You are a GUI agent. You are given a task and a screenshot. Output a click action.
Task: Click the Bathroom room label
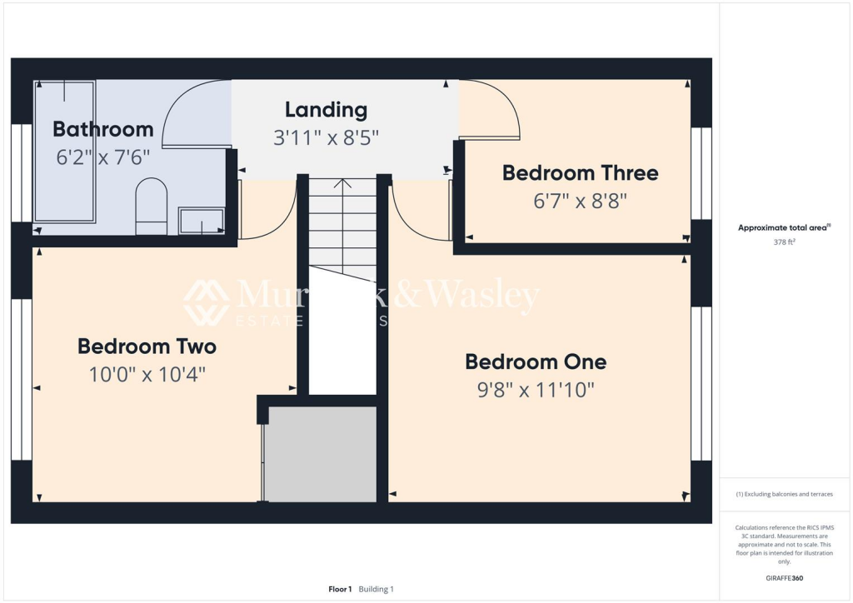[102, 129]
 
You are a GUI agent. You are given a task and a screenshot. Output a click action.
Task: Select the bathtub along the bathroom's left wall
[63, 152]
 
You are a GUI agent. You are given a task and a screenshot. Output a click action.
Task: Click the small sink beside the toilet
[202, 221]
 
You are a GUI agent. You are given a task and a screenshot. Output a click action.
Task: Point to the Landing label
[326, 109]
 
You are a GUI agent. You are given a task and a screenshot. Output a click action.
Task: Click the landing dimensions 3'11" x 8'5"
[326, 137]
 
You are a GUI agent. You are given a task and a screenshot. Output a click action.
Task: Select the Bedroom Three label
[580, 173]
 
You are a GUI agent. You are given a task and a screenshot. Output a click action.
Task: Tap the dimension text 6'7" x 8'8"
[580, 201]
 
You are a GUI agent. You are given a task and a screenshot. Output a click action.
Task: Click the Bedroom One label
[536, 361]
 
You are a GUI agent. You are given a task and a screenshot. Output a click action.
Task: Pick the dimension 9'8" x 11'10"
[536, 390]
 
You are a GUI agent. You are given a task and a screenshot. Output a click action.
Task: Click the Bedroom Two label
[147, 346]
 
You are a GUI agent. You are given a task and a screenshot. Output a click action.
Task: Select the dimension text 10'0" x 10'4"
[147, 375]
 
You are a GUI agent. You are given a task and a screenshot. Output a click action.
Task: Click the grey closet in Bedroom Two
[321, 454]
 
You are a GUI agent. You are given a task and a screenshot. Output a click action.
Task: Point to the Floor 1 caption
[340, 589]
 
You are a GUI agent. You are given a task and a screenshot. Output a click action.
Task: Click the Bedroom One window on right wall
[701, 383]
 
